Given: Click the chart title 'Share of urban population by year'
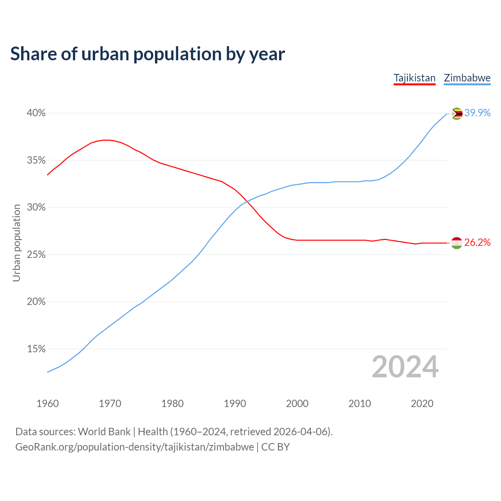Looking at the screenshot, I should pyautogui.click(x=148, y=54).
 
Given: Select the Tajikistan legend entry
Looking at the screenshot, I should pyautogui.click(x=414, y=78).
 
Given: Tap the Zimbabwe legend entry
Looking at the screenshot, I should pyautogui.click(x=467, y=78).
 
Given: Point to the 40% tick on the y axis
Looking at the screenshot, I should pyautogui.click(x=36, y=113).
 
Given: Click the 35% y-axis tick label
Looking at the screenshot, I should pyautogui.click(x=36, y=160).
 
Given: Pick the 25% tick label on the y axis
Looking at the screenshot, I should pyautogui.click(x=36, y=255).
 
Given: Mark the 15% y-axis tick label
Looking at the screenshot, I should pyautogui.click(x=36, y=349).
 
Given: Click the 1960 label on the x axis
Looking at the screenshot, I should pyautogui.click(x=47, y=404).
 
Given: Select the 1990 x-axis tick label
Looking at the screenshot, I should pyautogui.click(x=235, y=404).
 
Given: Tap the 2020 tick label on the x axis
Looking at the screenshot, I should pyautogui.click(x=422, y=404).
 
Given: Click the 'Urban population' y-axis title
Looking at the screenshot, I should pyautogui.click(x=16, y=243).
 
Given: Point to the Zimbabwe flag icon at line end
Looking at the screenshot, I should pyautogui.click(x=457, y=114).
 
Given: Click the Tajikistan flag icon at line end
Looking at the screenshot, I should pyautogui.click(x=457, y=243).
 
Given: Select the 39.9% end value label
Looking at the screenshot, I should pyautogui.click(x=478, y=113).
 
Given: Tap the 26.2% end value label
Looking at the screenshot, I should pyautogui.click(x=478, y=243).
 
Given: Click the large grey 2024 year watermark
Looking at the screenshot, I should pyautogui.click(x=405, y=367).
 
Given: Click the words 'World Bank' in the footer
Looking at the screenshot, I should pyautogui.click(x=104, y=432).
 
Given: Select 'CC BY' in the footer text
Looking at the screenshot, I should pyautogui.click(x=276, y=447).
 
